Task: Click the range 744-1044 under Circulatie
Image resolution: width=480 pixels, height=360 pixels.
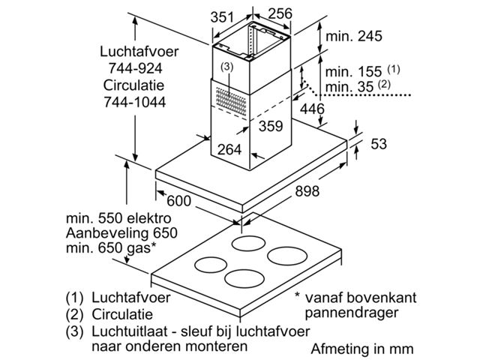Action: [x=136, y=100]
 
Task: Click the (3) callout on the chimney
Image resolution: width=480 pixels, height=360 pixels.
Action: [x=228, y=66]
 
